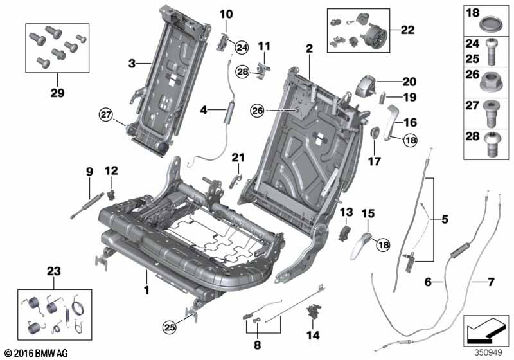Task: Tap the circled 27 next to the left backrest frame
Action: click(105, 116)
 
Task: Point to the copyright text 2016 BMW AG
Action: click(35, 353)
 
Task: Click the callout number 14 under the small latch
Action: click(314, 334)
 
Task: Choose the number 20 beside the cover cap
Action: click(409, 82)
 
